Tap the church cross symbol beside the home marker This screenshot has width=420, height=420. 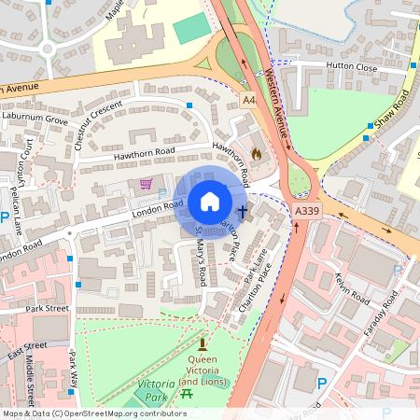pos(242,212)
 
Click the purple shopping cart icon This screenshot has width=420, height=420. pos(146,184)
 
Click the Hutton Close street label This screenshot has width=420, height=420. pos(351,66)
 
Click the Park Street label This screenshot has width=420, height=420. pos(48,308)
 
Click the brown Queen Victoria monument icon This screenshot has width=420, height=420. pos(202,344)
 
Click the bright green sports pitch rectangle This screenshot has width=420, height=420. pos(192,29)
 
